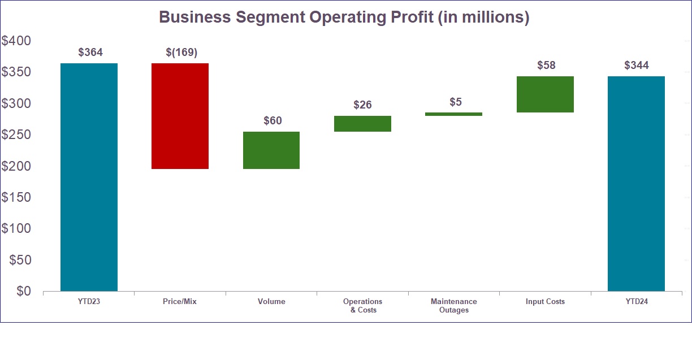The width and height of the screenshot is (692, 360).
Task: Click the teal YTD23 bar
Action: [89, 177]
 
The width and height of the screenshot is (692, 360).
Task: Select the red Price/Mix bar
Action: [180, 116]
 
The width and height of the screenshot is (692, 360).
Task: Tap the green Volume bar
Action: [271, 150]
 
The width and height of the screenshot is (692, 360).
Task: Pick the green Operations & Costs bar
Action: [362, 124]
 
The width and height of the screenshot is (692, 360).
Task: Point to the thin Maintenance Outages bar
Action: [453, 114]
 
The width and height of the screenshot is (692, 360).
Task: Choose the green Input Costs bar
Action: [545, 94]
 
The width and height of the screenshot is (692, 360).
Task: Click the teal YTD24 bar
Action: [636, 184]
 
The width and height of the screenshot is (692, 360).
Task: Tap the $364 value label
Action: [90, 53]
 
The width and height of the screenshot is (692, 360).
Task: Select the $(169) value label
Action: [181, 53]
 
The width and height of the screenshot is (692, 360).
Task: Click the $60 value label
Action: [273, 121]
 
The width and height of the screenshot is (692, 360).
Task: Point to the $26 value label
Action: [362, 105]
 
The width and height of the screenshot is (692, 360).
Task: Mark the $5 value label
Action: [456, 102]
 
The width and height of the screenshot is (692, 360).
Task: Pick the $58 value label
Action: [546, 66]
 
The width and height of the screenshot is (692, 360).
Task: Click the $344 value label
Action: [637, 66]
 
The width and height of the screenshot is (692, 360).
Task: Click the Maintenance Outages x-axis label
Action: [453, 306]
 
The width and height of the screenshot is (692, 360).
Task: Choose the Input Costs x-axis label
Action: [545, 302]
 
